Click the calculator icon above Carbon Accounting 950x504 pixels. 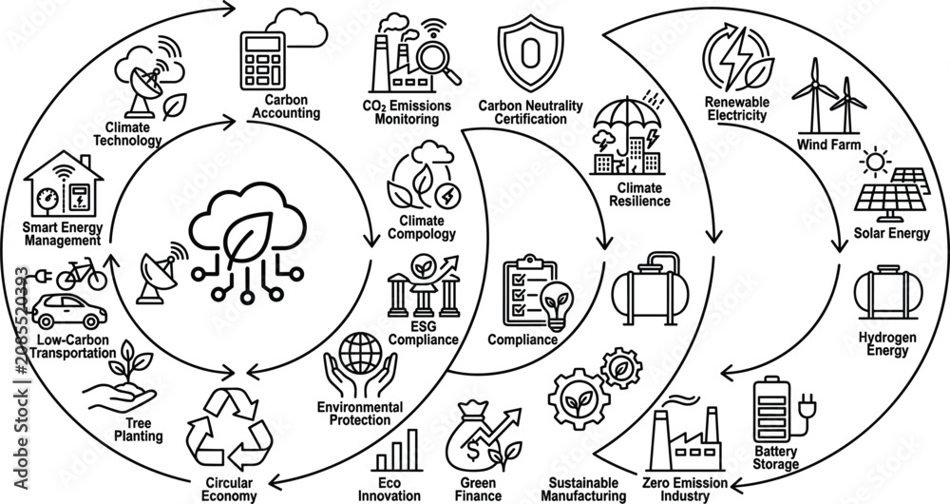point(262,61)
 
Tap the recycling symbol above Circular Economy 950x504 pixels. point(229,430)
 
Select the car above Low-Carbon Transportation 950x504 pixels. point(69,311)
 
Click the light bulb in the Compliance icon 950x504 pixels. point(557,304)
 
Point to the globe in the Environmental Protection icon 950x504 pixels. point(360,353)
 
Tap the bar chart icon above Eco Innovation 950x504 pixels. point(397,450)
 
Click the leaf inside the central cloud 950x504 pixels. point(248,237)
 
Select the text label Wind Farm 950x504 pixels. point(828,145)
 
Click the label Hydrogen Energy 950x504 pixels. point(887,344)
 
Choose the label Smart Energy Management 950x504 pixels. point(63,234)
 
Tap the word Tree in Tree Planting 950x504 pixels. point(139,423)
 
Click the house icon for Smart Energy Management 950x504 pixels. point(64,184)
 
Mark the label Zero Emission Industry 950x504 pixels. point(685,490)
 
